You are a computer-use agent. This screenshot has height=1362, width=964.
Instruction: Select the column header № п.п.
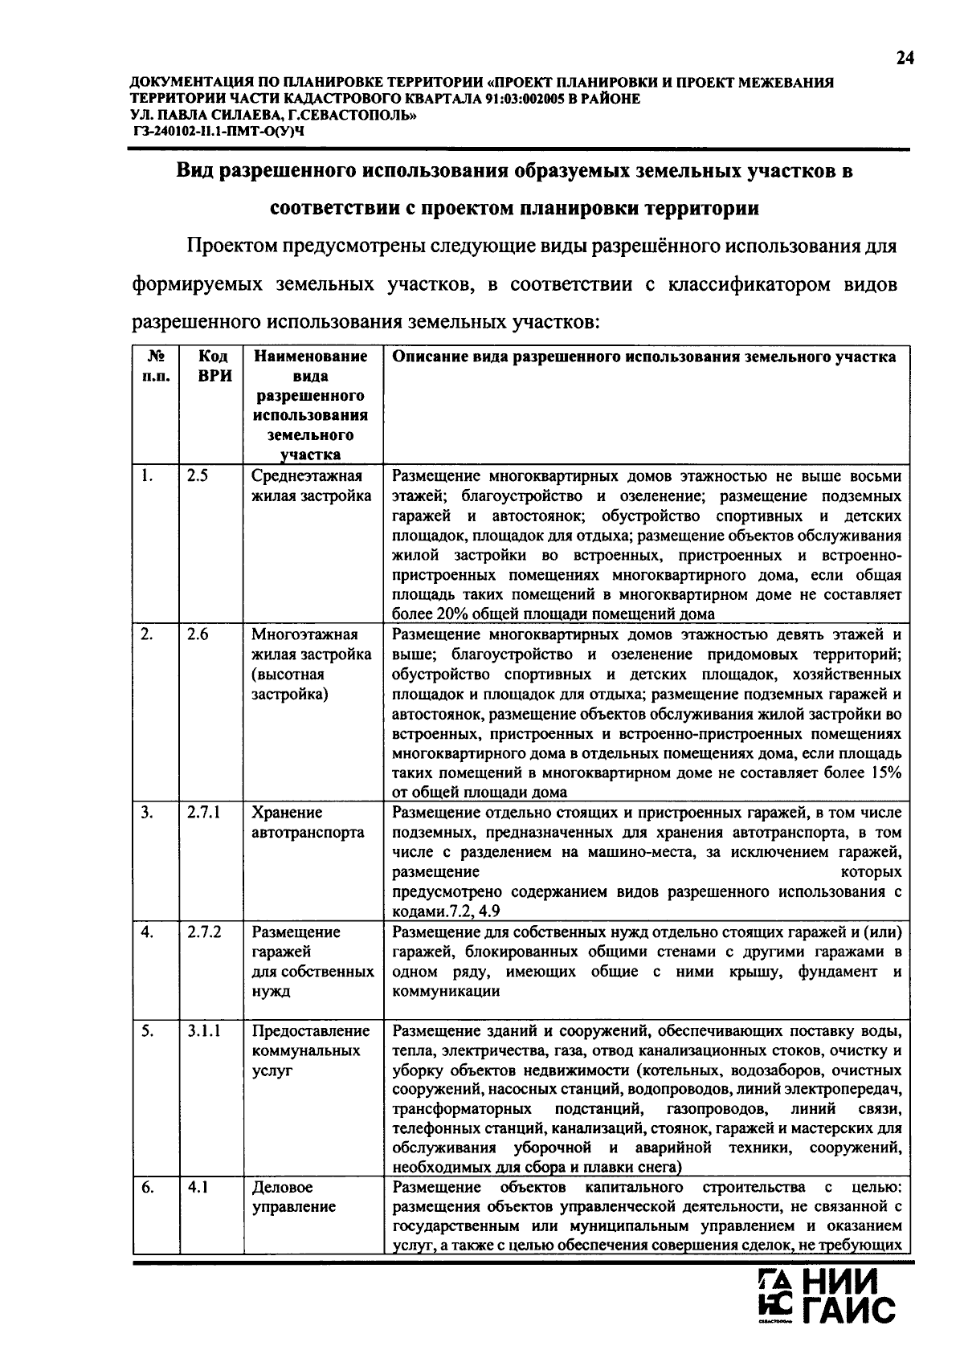point(156,366)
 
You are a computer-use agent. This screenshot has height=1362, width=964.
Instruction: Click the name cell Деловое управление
point(293,1197)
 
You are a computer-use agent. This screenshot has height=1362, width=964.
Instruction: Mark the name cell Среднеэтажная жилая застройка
point(311,485)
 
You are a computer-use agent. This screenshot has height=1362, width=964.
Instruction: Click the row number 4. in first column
point(147,932)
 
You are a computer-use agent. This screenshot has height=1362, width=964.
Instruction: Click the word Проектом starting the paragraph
point(230,246)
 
